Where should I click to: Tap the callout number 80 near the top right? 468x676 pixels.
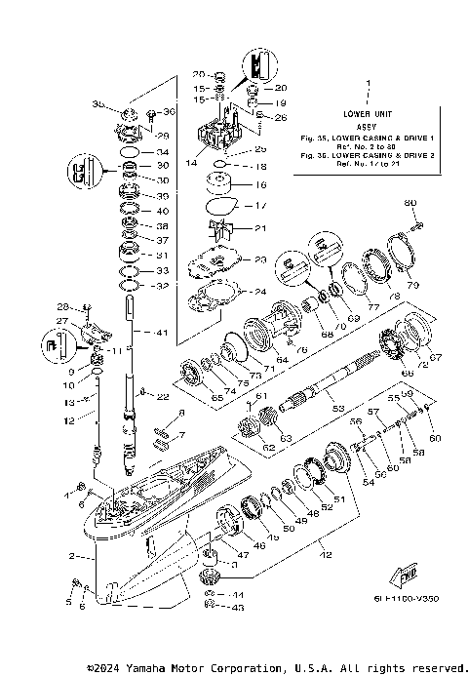coord(410,203)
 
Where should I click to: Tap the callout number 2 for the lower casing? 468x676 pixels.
coord(71,556)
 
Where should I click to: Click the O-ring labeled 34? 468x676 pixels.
coord(128,152)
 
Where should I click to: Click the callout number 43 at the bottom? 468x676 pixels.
coord(239,608)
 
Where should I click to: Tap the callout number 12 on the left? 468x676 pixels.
coord(67,421)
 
